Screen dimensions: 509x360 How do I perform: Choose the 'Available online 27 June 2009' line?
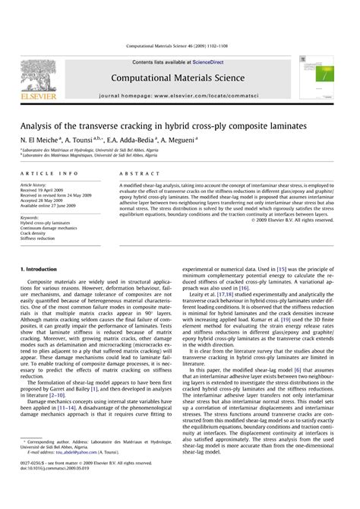tap(49, 204)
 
